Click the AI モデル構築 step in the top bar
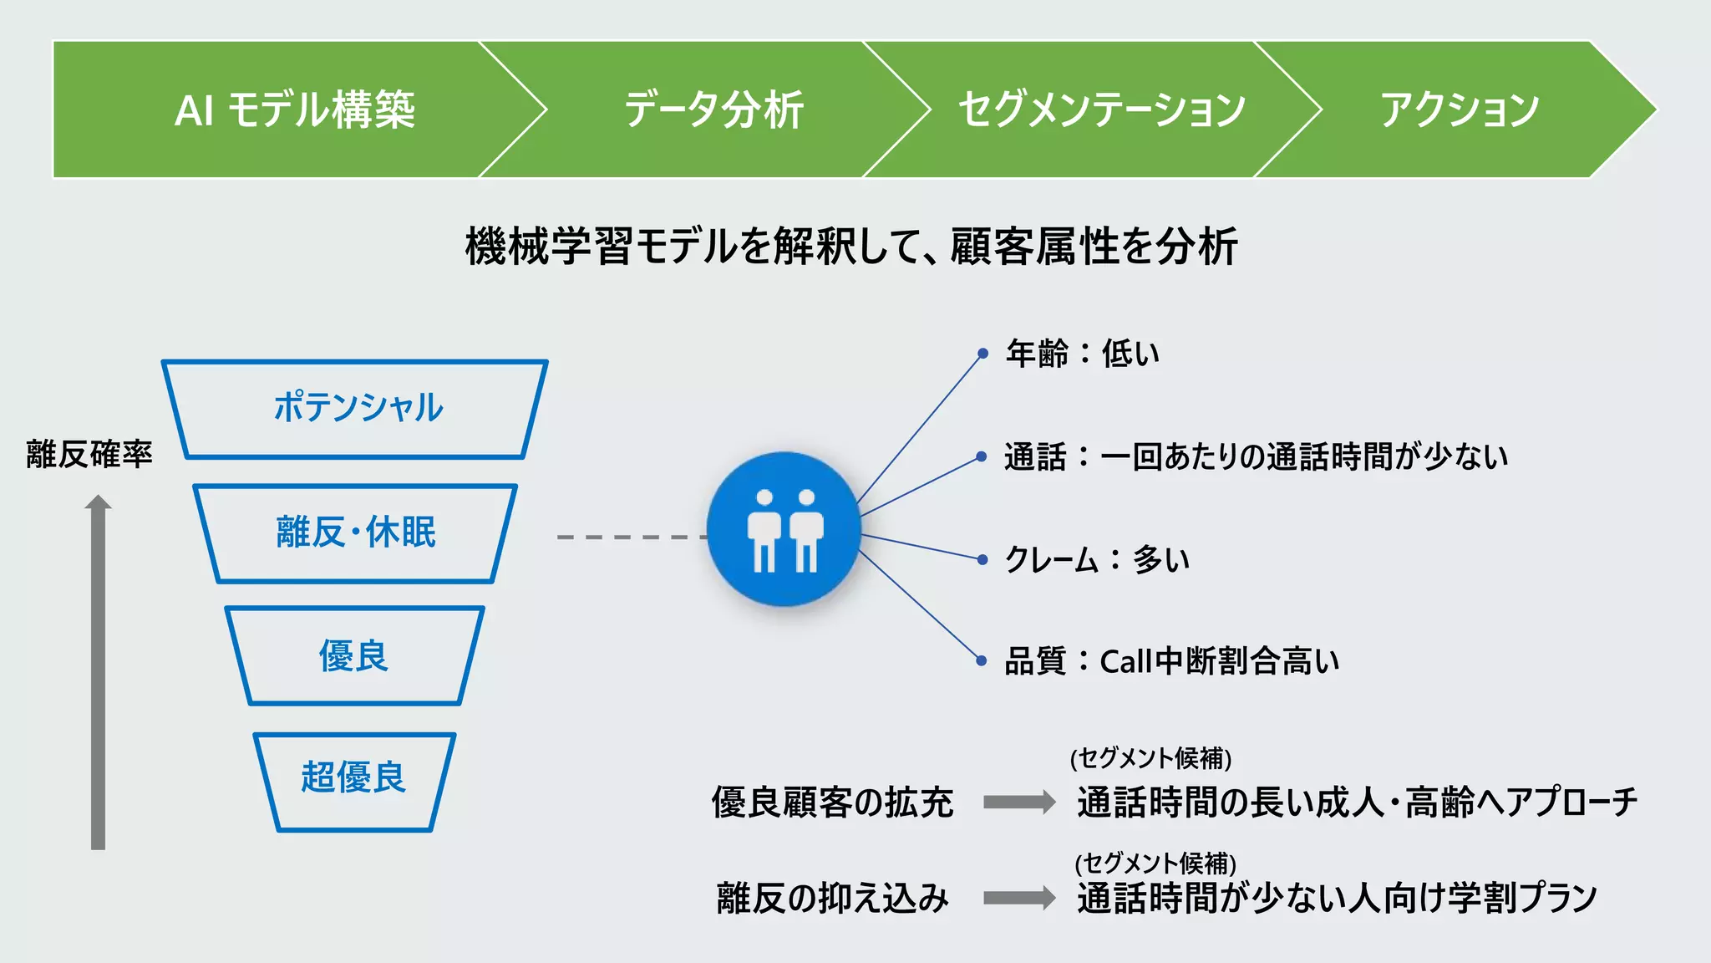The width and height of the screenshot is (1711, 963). [294, 110]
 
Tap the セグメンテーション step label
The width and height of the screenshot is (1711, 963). [1101, 110]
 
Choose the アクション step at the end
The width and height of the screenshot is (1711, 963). [1458, 110]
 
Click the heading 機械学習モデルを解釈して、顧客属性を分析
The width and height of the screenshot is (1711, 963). [851, 247]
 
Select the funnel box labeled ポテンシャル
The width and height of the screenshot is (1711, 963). [357, 408]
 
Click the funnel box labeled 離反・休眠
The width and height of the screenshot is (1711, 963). [356, 532]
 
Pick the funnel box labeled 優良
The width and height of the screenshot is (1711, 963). [354, 656]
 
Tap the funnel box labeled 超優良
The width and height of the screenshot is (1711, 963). [354, 778]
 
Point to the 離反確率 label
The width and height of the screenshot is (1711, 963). [89, 455]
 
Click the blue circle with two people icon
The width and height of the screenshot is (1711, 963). [783, 529]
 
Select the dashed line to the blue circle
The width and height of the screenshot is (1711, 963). [631, 537]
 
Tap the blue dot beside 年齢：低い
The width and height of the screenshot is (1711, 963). [983, 354]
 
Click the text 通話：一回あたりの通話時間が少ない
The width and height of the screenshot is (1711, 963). [1256, 457]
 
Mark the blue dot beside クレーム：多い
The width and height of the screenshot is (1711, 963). [983, 559]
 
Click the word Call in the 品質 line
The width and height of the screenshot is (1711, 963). [1126, 662]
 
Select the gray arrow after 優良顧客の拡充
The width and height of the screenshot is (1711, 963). [1019, 802]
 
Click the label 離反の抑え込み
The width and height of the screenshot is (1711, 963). [832, 899]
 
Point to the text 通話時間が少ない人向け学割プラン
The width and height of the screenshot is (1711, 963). [1337, 899]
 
